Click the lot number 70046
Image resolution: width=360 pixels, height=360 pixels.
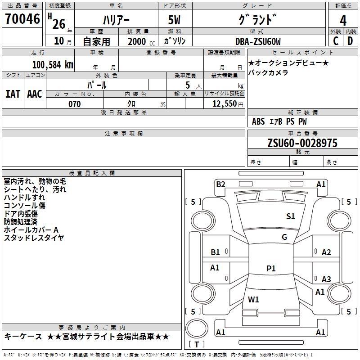22,19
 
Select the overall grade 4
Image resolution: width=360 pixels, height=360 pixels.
343,21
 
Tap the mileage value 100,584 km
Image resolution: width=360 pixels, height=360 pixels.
53,65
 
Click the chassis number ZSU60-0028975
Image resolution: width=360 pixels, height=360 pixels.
302,143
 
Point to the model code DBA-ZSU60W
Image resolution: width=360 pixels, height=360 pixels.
258,41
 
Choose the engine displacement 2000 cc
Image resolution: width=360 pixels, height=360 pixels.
141,41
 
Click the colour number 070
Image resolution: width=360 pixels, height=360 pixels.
75,104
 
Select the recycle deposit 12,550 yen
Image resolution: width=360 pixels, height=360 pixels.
228,104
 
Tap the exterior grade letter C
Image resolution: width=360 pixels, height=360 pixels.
336,41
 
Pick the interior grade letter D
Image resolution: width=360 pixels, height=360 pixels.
350,41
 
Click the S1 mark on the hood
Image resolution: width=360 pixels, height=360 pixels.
290,216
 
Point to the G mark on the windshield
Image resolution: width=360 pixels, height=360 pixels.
284,237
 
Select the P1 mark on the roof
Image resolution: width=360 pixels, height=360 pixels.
271,268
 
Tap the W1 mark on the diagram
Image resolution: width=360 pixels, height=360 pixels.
253,299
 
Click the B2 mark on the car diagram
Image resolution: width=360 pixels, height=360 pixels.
220,184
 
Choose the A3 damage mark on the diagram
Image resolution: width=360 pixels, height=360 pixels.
326,279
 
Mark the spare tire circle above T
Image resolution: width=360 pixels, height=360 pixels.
197,328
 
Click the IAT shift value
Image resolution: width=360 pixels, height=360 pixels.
13,94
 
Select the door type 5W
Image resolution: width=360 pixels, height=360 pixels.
174,20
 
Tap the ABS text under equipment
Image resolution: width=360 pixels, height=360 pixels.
258,121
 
